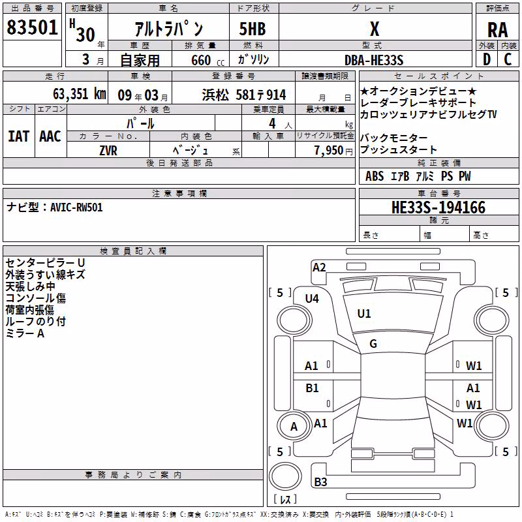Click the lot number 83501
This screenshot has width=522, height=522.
coord(32,27)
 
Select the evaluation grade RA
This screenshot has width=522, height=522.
coord(497,30)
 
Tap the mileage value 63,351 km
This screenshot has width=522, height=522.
coord(80,94)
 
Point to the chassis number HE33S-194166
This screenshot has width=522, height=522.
coord(438,207)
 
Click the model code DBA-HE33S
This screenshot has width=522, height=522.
coord(374,60)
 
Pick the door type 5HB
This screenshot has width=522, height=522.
coord(253,29)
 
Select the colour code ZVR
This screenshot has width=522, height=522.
coord(108,151)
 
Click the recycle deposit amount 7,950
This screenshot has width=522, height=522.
coord(329,151)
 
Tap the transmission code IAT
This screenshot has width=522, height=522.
coord(18,136)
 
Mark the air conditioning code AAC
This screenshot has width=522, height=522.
coord(50,136)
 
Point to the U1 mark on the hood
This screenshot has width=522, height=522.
coord(364,314)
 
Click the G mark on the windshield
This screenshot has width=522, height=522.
coord(373,344)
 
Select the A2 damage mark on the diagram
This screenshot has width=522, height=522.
coord(319,268)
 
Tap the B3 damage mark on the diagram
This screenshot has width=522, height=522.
coord(320,482)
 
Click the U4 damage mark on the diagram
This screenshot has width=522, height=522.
coord(312,299)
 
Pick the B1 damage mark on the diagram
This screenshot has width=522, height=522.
coord(312,388)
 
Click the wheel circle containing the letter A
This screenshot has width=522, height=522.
coord(294,427)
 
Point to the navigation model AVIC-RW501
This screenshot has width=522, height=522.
coord(76,207)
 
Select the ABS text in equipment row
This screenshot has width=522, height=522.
coord(375,176)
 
